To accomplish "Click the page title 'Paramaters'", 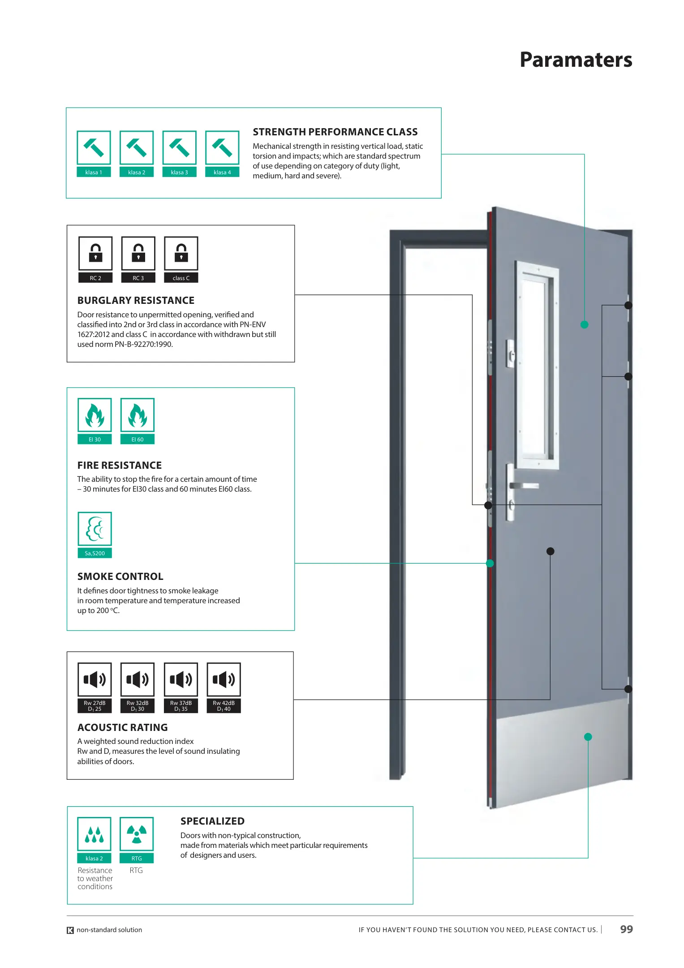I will pyautogui.click(x=576, y=60).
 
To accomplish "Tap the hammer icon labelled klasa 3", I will pyautogui.click(x=179, y=148).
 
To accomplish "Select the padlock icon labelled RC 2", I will pyautogui.click(x=95, y=254).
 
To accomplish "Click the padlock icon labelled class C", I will pyautogui.click(x=181, y=254).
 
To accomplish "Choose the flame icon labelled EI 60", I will pyautogui.click(x=138, y=415).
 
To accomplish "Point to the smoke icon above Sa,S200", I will pyautogui.click(x=95, y=529).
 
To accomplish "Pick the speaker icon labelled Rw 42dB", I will pyautogui.click(x=224, y=680).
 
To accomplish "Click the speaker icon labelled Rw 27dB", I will pyautogui.click(x=95, y=680).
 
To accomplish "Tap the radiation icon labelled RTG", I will pyautogui.click(x=137, y=834).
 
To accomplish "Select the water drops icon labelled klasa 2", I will pyautogui.click(x=94, y=834).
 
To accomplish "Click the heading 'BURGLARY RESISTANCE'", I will pyautogui.click(x=136, y=300).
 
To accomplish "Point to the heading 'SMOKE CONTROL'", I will pyautogui.click(x=120, y=576).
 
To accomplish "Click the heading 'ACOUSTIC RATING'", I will pyautogui.click(x=122, y=727).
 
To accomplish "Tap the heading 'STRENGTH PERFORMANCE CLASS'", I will pyautogui.click(x=335, y=132).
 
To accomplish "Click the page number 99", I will pyautogui.click(x=626, y=929).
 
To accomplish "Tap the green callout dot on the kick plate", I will pyautogui.click(x=588, y=737).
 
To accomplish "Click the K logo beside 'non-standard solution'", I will pyautogui.click(x=70, y=930).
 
